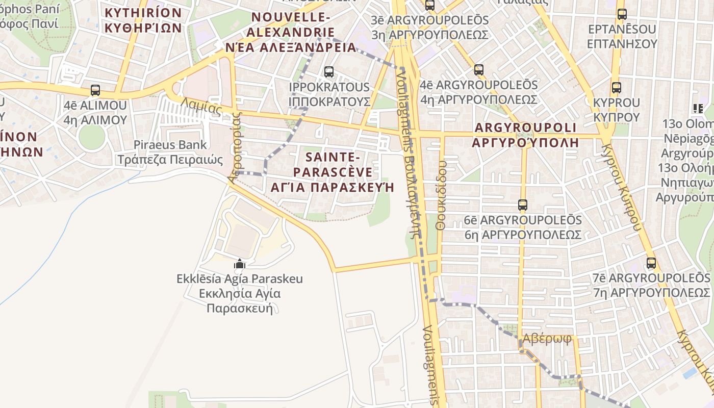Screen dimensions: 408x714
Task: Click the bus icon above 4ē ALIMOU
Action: (x=95, y=90)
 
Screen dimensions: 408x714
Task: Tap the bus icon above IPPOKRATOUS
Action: (x=329, y=72)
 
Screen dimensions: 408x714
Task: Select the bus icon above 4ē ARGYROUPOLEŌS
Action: (x=478, y=69)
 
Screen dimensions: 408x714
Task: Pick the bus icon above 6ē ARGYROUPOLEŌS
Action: (x=523, y=205)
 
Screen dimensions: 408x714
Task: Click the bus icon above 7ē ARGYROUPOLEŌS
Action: (x=651, y=263)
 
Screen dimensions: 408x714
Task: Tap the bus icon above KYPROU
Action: (x=617, y=88)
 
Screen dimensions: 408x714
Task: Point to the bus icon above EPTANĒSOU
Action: (x=622, y=14)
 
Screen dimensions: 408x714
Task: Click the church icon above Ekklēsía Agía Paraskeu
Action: (x=239, y=264)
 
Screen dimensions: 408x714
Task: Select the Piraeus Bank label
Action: (x=170, y=145)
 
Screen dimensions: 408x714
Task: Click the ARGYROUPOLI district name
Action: (x=525, y=127)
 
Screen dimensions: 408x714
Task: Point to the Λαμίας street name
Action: (x=202, y=107)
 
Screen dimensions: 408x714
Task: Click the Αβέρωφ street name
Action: (x=547, y=339)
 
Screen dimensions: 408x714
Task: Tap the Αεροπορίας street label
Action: (x=235, y=148)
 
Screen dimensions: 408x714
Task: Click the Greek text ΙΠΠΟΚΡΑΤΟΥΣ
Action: (x=329, y=101)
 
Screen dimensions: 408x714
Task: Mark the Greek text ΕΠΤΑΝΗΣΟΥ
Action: (x=622, y=44)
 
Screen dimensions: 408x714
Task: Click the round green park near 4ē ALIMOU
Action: (x=92, y=136)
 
